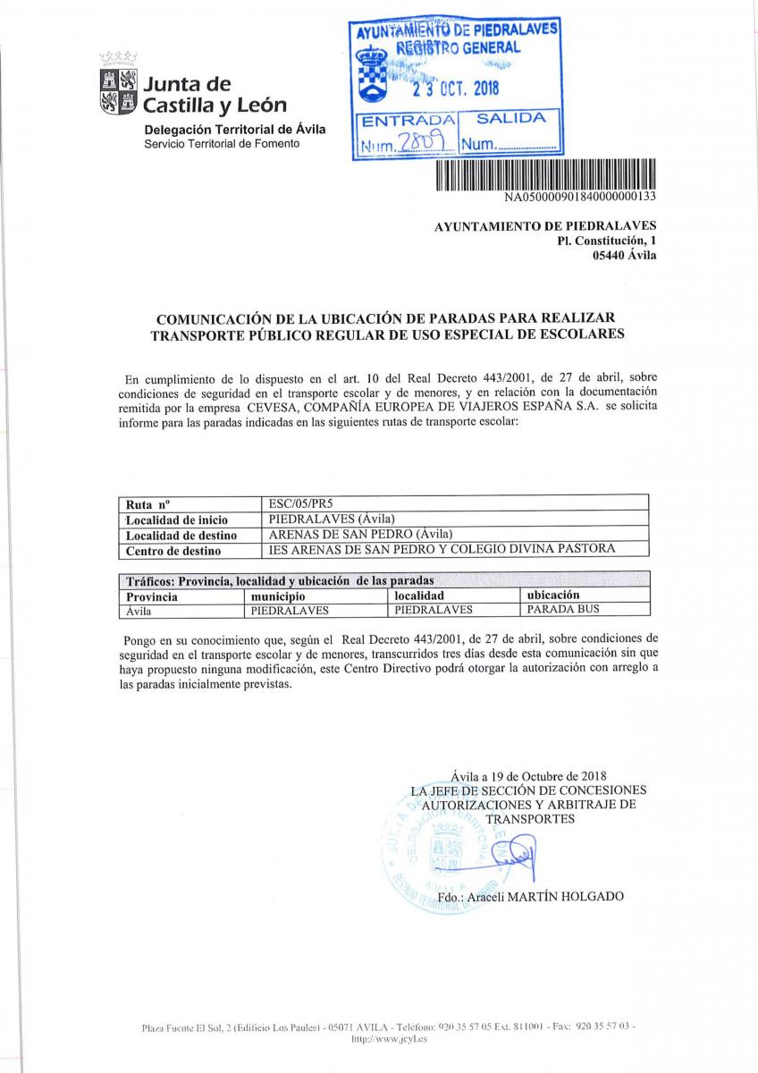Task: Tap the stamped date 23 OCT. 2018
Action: pos(454,88)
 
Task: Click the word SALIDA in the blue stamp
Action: pos(510,118)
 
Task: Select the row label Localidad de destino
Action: pos(181,535)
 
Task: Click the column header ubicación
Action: pos(553,595)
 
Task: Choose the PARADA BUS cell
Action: pos(563,610)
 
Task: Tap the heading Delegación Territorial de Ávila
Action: pos(235,129)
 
